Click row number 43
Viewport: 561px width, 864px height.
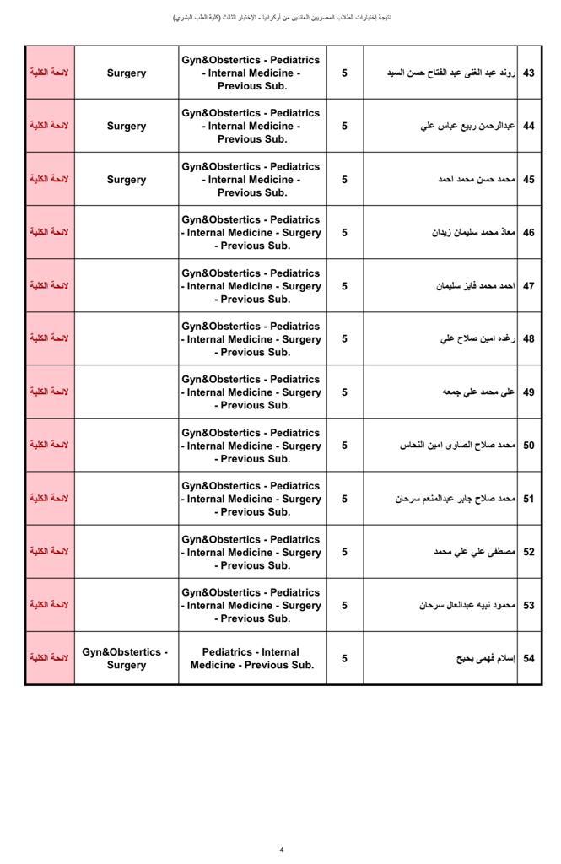529,73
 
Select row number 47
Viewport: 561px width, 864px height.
529,286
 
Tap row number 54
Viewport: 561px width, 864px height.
529,658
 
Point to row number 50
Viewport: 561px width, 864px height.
529,445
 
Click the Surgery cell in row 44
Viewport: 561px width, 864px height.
127,126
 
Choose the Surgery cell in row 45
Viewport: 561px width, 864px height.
127,180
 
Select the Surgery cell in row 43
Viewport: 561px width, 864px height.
127,73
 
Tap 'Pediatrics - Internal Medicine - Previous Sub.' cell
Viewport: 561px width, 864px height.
251,658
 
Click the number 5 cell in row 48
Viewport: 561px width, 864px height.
344,339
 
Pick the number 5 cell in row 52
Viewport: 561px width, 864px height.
344,552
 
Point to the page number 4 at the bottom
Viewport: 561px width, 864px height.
282,850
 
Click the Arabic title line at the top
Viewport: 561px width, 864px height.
282,18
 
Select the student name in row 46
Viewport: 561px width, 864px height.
472,233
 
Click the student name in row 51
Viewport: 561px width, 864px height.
455,499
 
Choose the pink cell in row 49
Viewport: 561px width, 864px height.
50,392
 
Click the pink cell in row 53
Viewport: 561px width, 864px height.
50,605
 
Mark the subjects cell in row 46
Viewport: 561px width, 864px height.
251,233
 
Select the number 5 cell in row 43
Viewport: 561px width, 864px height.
344,73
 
